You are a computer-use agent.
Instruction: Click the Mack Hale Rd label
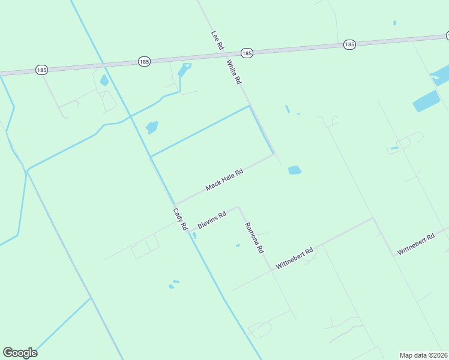(224, 179)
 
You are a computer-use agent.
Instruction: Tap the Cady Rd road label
(181, 219)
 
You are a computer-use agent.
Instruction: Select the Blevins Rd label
(211, 220)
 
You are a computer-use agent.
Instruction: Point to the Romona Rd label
(254, 237)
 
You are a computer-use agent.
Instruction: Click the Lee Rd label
(217, 41)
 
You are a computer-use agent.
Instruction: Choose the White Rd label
(234, 71)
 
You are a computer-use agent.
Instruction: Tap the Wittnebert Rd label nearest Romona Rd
(295, 258)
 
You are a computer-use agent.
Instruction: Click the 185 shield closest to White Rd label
(247, 53)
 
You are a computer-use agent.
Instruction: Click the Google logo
(20, 353)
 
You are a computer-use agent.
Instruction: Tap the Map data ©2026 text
(423, 355)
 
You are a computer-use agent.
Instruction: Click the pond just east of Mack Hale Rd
(294, 170)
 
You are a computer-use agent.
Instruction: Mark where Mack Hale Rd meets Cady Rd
(175, 204)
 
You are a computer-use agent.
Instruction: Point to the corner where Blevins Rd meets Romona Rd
(239, 208)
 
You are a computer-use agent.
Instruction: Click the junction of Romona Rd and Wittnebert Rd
(272, 269)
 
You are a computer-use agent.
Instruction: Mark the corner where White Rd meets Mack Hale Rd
(274, 154)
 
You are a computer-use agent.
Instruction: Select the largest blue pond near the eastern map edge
(426, 102)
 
